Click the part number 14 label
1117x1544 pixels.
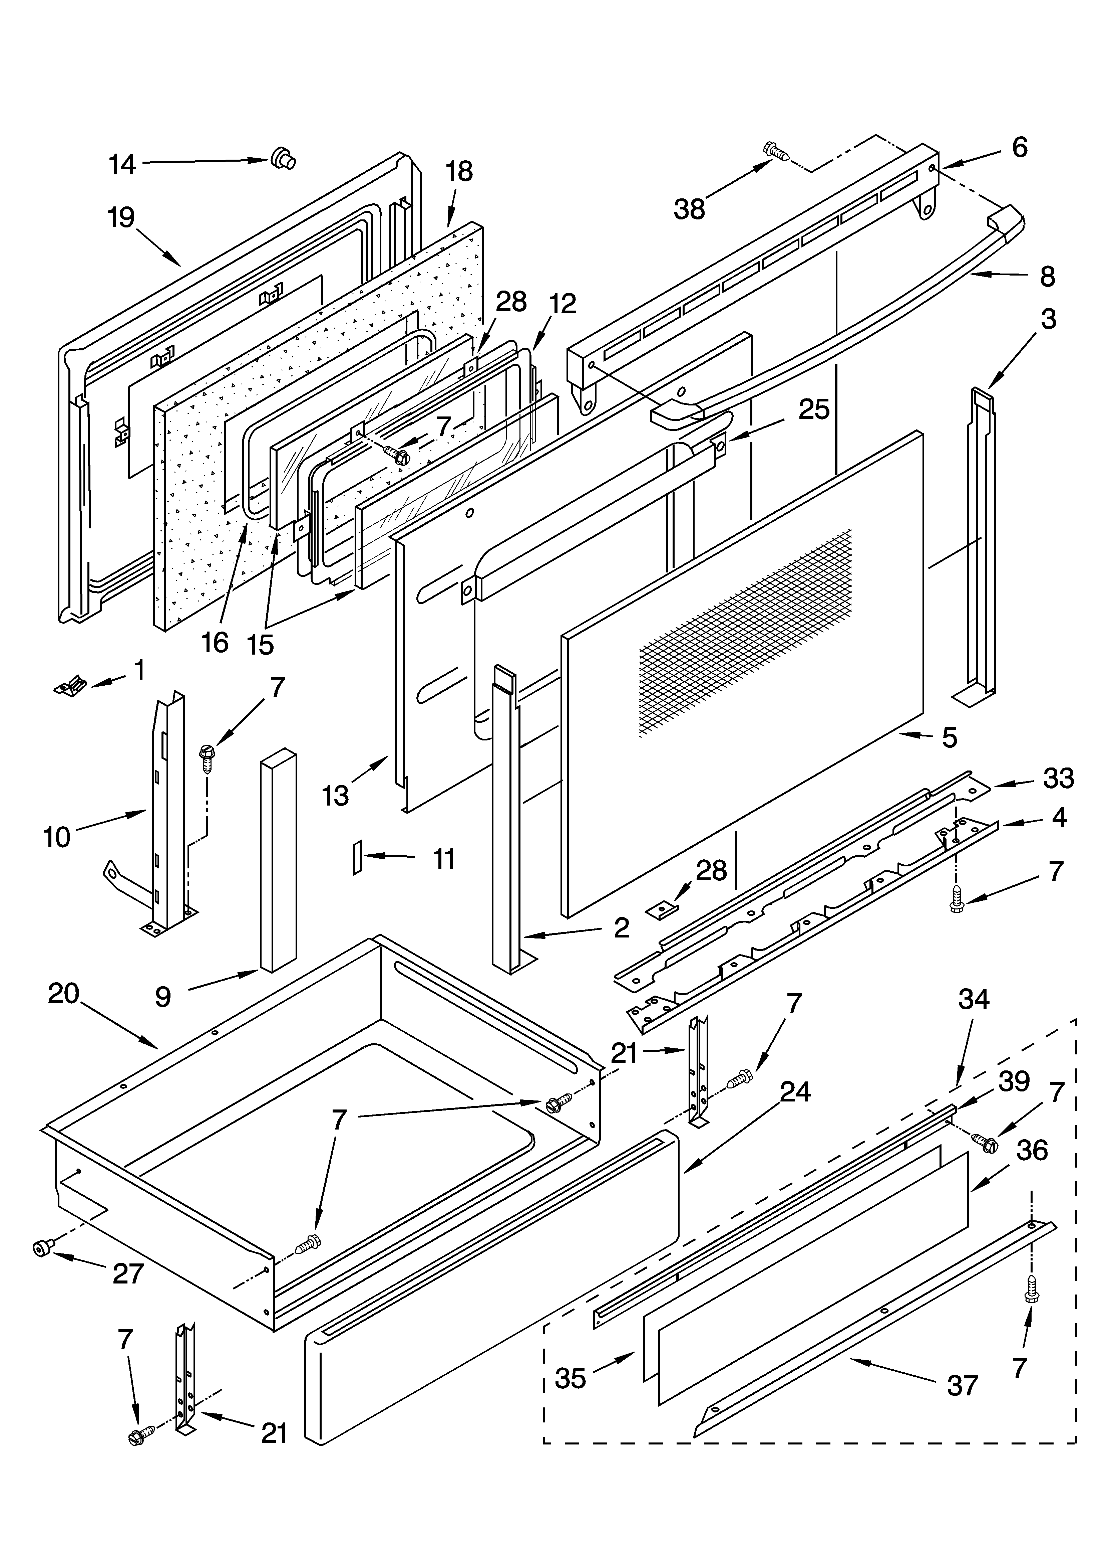pyautogui.click(x=122, y=165)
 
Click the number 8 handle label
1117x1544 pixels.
pyautogui.click(x=1047, y=277)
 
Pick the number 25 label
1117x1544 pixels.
pyautogui.click(x=814, y=409)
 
